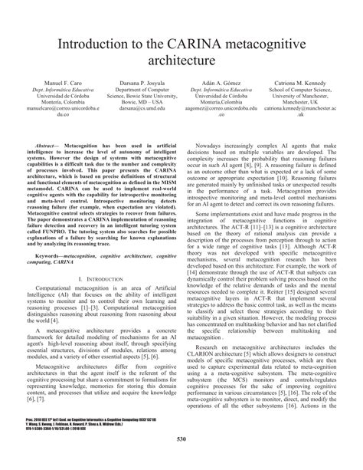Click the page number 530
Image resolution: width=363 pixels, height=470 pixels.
[x=181, y=460]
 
